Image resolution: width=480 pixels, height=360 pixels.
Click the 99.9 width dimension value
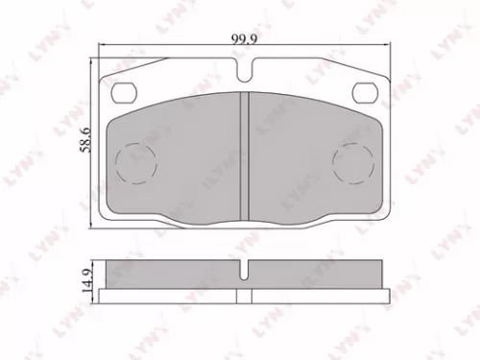pyautogui.click(x=242, y=39)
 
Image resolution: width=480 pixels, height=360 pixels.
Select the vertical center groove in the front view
pyautogui.click(x=247, y=158)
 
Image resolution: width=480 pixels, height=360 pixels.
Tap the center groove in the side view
pyautogui.click(x=247, y=272)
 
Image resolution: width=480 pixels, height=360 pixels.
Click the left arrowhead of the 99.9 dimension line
pyautogui.click(x=102, y=46)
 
